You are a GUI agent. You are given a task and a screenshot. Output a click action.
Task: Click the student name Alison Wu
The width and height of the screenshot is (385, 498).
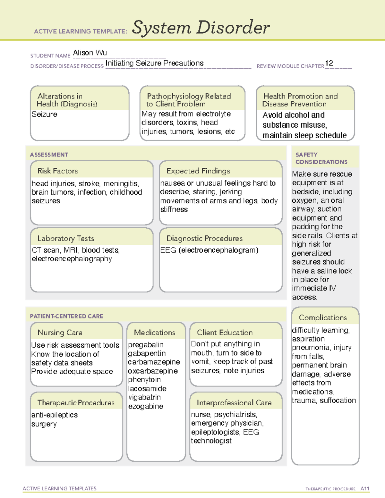coord(90,53)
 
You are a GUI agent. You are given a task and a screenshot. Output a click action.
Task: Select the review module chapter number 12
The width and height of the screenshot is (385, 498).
coord(329,63)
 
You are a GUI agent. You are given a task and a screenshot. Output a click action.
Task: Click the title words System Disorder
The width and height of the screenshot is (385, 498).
coord(201,28)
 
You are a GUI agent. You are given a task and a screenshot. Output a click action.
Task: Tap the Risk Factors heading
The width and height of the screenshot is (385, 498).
coord(57,171)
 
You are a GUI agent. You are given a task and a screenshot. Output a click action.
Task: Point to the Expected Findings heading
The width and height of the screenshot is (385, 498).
coord(198,171)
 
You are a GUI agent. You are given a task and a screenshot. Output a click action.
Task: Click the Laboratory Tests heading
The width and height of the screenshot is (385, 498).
coord(65,238)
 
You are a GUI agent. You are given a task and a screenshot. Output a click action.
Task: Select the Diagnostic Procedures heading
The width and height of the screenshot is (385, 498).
coord(204,238)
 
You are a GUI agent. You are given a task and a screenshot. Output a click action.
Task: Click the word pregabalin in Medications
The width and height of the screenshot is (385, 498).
coord(146,345)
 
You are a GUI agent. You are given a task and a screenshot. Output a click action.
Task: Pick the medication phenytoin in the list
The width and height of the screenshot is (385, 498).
coord(144,380)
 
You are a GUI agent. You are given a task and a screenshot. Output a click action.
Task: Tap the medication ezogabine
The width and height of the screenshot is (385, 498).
coord(146,406)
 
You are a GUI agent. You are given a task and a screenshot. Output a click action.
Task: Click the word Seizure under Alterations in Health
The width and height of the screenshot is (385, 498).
coord(45,114)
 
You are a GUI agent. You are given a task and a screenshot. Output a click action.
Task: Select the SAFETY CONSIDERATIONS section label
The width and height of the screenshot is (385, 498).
coord(321,158)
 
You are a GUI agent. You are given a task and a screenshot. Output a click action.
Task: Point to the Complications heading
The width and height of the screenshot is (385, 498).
coord(323,317)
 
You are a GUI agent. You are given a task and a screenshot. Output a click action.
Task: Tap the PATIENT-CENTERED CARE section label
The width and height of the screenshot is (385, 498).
coord(66,316)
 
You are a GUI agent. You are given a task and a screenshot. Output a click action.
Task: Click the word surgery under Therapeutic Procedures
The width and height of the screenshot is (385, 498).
coord(44,424)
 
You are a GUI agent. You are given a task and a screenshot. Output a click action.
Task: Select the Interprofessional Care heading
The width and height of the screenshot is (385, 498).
coord(234,402)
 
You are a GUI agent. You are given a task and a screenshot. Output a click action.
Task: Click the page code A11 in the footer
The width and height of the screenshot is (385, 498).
coord(365,489)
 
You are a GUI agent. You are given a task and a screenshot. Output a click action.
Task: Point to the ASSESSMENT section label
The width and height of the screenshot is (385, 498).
coord(49,155)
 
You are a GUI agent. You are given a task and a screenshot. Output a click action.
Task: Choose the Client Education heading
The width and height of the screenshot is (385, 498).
coord(225,333)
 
